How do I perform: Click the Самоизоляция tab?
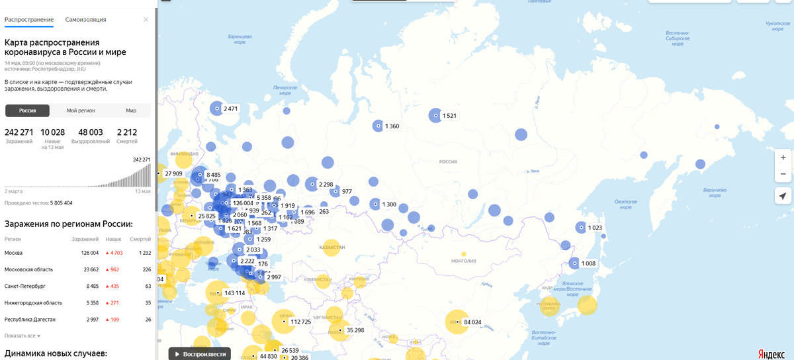[85, 20]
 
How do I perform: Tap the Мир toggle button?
[131, 111]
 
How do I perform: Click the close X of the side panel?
[146, 20]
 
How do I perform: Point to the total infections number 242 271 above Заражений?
[19, 132]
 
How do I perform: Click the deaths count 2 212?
[126, 132]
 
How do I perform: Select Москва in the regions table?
[14, 253]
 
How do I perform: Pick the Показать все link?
[21, 336]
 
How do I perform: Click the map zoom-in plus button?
[783, 157]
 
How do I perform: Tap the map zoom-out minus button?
[783, 173]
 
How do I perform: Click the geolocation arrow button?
[783, 196]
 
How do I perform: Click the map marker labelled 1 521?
[436, 116]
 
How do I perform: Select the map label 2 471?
[230, 109]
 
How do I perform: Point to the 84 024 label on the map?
[472, 322]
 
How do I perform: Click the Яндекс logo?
[771, 353]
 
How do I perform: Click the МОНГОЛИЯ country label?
[463, 261]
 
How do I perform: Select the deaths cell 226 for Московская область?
[147, 269]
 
